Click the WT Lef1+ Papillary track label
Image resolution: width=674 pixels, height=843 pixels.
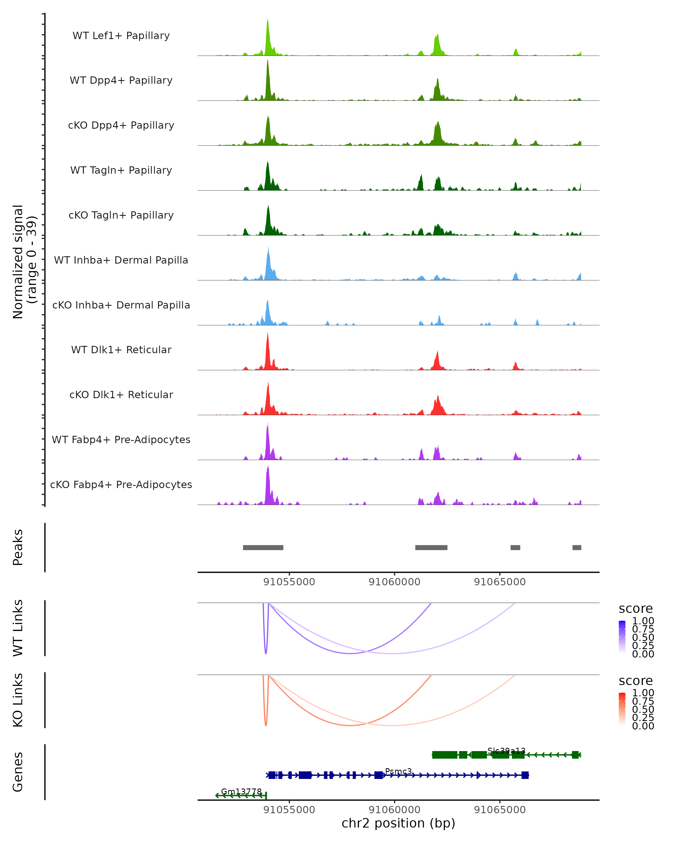pos(121,36)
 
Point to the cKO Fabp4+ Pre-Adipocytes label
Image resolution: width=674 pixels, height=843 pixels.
pos(121,484)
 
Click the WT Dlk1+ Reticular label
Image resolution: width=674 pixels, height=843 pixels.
pos(121,350)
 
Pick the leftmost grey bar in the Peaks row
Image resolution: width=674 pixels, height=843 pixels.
pos(263,547)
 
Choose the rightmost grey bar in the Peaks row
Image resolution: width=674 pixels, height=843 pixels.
pos(577,547)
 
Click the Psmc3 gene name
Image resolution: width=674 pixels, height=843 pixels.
pos(398,771)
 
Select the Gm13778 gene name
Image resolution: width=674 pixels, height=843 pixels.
pos(241,791)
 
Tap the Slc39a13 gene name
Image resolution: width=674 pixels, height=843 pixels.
pos(506,751)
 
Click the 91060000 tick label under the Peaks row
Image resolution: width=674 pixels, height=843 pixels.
pos(394,582)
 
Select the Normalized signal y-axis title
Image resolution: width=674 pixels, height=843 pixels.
pos(24,262)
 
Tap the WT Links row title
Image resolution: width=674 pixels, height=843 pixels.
pos(18,628)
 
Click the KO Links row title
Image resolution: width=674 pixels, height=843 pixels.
pos(18,700)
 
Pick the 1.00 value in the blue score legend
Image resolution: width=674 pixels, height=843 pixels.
pos(643,621)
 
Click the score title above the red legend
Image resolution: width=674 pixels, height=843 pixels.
pos(636,681)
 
